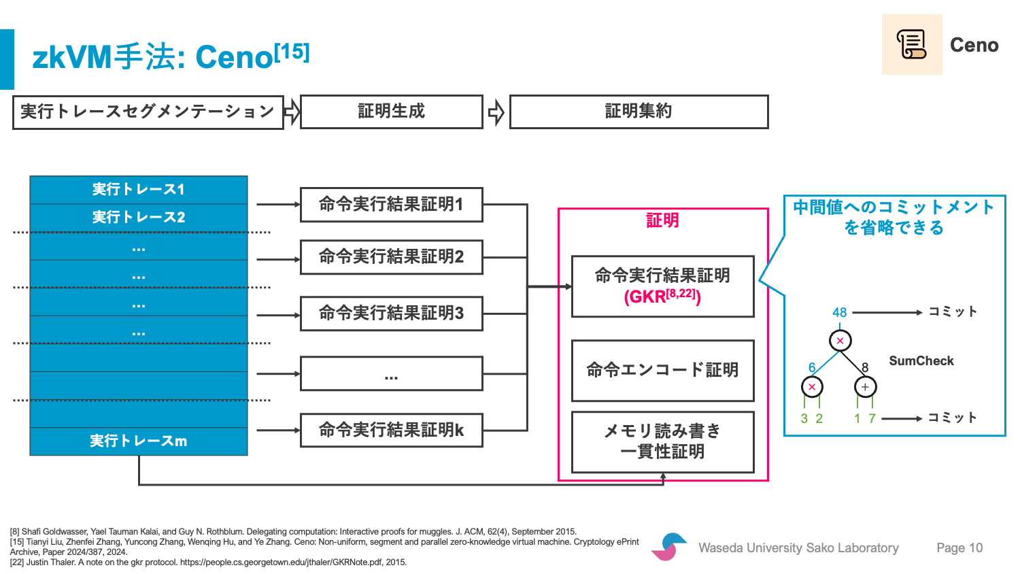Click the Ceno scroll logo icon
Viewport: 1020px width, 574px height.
coord(912,44)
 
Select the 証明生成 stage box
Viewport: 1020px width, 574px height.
coord(391,112)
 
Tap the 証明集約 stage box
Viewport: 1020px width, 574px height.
coord(639,112)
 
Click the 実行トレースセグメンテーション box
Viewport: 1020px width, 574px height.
coord(148,112)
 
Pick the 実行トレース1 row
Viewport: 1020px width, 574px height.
coord(139,190)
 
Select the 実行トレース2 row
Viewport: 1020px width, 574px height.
coord(139,218)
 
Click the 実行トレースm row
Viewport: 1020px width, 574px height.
coord(139,441)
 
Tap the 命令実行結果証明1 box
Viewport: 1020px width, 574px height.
coord(391,205)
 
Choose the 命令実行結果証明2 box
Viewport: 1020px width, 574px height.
coord(391,257)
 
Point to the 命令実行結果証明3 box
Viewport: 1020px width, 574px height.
coord(391,314)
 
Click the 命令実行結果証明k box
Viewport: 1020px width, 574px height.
coord(391,430)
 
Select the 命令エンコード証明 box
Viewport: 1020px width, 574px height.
coord(662,371)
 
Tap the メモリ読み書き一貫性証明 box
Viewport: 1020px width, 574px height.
coord(662,442)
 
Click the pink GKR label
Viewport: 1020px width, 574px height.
coord(662,297)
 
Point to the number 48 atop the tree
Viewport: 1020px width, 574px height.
coord(839,313)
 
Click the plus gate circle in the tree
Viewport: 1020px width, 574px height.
coord(865,387)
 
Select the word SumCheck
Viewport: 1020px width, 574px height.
coord(921,361)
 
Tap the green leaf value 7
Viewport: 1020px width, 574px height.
coord(872,419)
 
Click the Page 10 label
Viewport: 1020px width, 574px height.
coord(959,547)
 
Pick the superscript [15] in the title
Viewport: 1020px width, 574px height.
coord(292,52)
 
